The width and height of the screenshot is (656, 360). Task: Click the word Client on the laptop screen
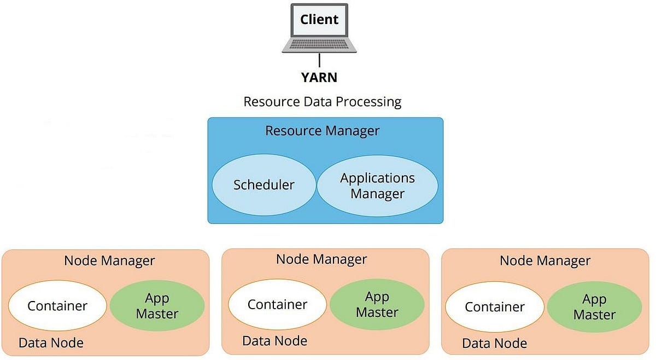[319, 20]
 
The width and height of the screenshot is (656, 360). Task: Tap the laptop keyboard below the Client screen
[319, 44]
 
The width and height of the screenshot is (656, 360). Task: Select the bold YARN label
[319, 78]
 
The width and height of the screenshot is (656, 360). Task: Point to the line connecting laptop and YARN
[319, 61]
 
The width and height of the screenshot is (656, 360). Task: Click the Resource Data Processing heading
[323, 102]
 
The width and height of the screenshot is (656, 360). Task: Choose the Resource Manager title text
[322, 131]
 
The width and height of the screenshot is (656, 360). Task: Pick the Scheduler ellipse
[264, 185]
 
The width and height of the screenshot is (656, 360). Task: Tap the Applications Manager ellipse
[377, 186]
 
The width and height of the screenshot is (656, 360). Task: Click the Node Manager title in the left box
[109, 261]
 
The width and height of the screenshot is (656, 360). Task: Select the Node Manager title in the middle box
[321, 259]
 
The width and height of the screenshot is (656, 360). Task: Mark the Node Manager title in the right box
[545, 261]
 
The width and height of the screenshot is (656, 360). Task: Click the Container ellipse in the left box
[57, 306]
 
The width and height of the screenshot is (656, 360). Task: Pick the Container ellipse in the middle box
[277, 304]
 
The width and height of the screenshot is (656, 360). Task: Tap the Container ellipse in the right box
[495, 307]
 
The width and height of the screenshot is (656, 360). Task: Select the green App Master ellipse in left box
[157, 306]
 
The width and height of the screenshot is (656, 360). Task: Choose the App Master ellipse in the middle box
[377, 305]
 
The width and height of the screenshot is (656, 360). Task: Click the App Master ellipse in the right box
[595, 307]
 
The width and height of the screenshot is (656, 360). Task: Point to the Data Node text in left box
[51, 343]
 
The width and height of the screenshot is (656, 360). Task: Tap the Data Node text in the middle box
[274, 341]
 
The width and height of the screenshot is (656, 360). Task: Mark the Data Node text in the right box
[494, 344]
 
